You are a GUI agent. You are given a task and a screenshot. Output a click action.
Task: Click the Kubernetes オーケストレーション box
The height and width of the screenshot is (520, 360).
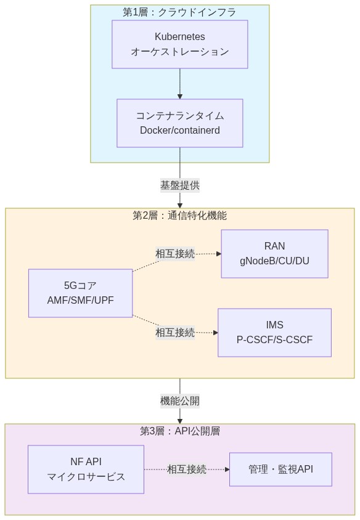click(x=179, y=44)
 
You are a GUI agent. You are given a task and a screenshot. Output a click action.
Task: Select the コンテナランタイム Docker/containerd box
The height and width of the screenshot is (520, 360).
click(x=179, y=123)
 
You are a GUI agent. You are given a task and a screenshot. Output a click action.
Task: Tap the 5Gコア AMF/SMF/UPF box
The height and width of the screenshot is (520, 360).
click(x=80, y=293)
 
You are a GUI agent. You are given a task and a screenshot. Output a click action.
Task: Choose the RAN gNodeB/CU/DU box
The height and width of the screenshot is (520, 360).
click(x=274, y=254)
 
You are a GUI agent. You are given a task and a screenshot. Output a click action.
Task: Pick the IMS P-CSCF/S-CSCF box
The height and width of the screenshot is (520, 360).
click(x=274, y=333)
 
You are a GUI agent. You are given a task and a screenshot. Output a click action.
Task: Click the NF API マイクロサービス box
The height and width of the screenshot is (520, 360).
click(x=86, y=469)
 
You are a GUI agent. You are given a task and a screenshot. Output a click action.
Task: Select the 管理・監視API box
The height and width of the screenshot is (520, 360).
click(x=280, y=469)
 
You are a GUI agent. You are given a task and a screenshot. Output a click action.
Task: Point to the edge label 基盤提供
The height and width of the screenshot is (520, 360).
click(x=179, y=185)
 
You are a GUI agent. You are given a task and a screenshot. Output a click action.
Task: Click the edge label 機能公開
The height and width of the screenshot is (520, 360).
click(x=179, y=400)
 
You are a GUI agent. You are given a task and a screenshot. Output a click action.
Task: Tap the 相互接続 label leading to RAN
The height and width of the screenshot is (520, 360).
click(x=175, y=253)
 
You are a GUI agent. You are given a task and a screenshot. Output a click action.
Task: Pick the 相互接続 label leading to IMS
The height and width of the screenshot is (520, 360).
click(x=175, y=333)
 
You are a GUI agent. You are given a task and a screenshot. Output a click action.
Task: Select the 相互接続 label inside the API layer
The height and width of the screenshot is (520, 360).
click(x=187, y=469)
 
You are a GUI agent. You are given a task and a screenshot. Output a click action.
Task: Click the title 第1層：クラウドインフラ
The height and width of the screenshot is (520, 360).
click(x=179, y=12)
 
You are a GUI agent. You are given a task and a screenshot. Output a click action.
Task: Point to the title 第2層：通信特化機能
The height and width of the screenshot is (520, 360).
click(x=179, y=216)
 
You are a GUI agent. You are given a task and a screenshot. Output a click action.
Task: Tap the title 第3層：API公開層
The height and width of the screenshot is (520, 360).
click(x=179, y=431)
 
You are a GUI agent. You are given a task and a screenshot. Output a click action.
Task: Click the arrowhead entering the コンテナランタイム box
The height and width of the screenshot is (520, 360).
click(x=179, y=96)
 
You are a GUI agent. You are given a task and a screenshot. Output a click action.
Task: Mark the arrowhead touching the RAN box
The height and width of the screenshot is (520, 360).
click(x=218, y=253)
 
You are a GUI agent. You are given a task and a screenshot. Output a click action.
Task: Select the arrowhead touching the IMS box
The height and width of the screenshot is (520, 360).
click(x=215, y=333)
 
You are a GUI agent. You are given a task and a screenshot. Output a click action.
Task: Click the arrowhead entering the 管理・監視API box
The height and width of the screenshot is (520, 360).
click(x=227, y=469)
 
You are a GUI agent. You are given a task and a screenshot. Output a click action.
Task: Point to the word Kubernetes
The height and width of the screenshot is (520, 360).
click(x=179, y=37)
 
